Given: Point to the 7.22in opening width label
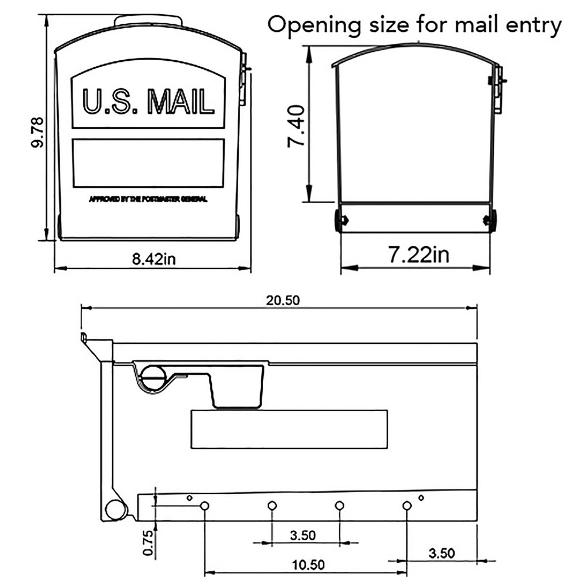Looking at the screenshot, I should [x=418, y=254].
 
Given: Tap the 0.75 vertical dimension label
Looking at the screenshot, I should [x=148, y=544].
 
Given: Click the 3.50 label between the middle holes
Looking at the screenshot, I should [x=302, y=535].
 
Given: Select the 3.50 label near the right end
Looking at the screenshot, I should [x=441, y=553].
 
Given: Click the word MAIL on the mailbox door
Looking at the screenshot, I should [x=181, y=101].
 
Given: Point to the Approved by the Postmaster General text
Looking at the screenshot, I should [x=148, y=200].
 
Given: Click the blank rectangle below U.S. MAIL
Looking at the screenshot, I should [x=148, y=163].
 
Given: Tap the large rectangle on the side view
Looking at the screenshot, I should [x=288, y=429].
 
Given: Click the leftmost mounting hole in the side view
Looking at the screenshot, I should [x=204, y=506].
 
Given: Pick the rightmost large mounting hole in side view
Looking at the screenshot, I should [x=407, y=506].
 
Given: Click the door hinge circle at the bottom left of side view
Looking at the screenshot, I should [x=115, y=509].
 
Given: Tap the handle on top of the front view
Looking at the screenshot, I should [x=148, y=21].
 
